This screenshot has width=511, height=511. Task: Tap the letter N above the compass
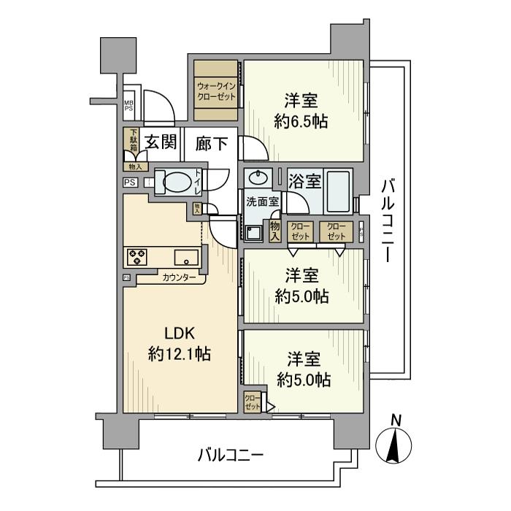click(396, 420)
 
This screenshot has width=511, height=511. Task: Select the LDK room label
click(179, 334)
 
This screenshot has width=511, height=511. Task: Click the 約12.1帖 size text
click(180, 355)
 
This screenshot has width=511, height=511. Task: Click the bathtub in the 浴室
click(335, 190)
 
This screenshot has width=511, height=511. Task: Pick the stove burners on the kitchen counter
click(137, 256)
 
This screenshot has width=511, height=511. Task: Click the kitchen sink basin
click(185, 256)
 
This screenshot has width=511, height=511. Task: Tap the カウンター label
click(179, 278)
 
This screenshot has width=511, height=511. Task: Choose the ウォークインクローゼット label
click(216, 91)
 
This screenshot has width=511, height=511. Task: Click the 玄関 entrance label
click(161, 142)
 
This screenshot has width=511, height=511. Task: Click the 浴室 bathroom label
click(304, 179)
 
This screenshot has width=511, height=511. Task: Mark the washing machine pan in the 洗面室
click(253, 232)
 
